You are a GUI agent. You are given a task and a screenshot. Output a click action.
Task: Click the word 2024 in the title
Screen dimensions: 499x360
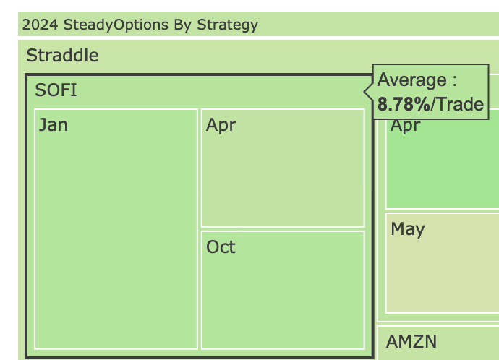click(x=40, y=25)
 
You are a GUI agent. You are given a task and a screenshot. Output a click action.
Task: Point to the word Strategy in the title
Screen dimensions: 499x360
click(x=228, y=25)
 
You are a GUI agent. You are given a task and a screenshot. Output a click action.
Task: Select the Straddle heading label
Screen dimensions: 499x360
click(x=62, y=56)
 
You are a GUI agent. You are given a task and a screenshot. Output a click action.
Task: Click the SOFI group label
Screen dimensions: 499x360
click(x=56, y=90)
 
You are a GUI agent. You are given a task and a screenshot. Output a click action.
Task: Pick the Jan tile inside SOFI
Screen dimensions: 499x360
click(x=116, y=229)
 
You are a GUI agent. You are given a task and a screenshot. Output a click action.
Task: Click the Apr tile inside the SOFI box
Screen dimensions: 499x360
click(x=283, y=168)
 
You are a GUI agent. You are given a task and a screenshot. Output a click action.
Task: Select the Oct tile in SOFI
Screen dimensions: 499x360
click(x=283, y=290)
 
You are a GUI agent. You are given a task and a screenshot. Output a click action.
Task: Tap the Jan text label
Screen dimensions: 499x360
click(x=53, y=125)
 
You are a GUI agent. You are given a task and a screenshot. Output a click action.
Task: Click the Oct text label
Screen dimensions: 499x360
click(x=221, y=247)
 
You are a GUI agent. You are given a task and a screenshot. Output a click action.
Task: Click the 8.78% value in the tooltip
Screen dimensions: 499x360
click(x=404, y=104)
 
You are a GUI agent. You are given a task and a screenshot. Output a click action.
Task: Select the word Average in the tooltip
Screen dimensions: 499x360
click(x=411, y=80)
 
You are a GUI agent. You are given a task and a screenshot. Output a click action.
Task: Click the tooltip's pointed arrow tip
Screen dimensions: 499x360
click(x=364, y=92)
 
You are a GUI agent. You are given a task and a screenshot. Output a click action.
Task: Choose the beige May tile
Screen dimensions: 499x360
click(x=443, y=263)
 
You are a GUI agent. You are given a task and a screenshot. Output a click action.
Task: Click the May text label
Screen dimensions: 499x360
click(x=408, y=229)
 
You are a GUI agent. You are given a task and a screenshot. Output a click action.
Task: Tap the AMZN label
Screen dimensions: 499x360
click(x=411, y=342)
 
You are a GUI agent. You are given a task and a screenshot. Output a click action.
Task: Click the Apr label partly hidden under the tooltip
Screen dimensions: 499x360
click(x=406, y=126)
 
